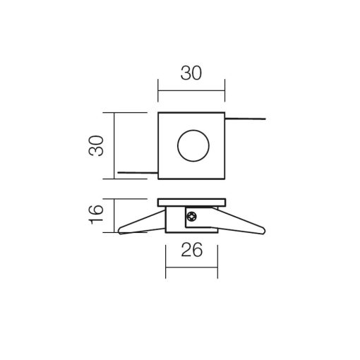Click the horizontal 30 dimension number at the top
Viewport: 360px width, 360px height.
tap(191, 73)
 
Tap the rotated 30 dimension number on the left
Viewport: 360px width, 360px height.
tap(96, 145)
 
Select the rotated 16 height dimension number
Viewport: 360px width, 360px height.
tap(96, 215)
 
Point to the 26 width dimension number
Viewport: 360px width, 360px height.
tap(191, 250)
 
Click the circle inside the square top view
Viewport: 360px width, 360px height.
tap(193, 130)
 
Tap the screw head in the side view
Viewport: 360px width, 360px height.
tap(191, 216)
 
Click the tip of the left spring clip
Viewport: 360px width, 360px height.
tap(119, 231)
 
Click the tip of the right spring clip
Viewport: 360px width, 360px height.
tap(265, 231)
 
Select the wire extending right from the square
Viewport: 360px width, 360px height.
tap(246, 119)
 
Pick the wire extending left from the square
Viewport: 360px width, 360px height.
tap(138, 173)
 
